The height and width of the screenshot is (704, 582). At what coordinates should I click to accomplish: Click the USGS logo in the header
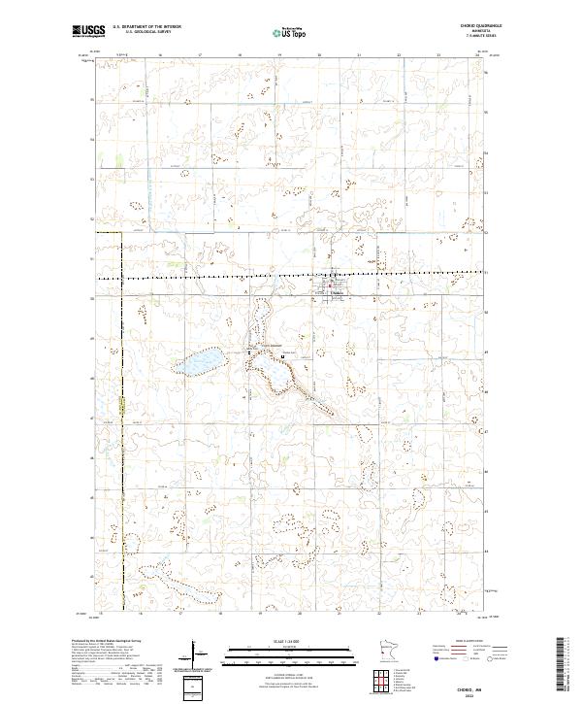(x=88, y=31)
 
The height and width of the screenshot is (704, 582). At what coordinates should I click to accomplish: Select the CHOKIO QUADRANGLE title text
(x=473, y=27)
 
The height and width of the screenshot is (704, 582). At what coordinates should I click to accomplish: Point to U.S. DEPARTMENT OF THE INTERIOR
(x=147, y=27)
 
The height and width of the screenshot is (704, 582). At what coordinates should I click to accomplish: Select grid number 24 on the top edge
(x=478, y=55)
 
